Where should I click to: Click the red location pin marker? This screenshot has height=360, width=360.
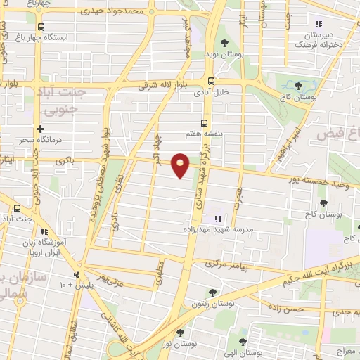coord(181,165)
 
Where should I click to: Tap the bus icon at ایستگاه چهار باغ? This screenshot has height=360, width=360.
coord(40,27)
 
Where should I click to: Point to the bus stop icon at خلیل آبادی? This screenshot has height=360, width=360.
coord(212,81)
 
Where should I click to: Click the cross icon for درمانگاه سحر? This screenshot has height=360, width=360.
coord(40,129)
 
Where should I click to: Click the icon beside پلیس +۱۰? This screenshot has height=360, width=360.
coord(77,274)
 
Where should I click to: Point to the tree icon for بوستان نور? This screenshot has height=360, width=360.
coord(181,333)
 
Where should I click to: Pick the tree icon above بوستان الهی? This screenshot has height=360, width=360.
coord(243,342)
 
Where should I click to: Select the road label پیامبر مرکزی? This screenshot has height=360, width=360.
coord(229,266)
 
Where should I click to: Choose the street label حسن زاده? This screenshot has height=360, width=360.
coord(288,308)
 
